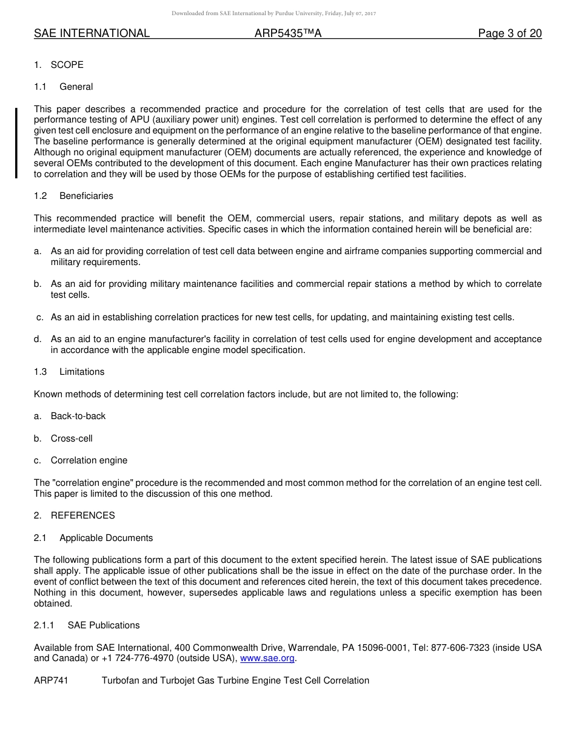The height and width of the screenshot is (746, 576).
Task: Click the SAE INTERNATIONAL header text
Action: (x=92, y=33)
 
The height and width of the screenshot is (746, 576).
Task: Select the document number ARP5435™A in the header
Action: (x=288, y=33)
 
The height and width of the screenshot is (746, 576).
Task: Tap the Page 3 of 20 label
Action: (x=510, y=33)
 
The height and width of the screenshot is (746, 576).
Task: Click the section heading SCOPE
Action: (x=67, y=65)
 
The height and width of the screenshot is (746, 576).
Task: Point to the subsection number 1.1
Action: (x=41, y=87)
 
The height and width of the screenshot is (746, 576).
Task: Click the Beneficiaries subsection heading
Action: (x=86, y=196)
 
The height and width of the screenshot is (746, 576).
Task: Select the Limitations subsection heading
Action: (x=82, y=372)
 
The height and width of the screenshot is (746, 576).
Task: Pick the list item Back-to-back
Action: (x=78, y=416)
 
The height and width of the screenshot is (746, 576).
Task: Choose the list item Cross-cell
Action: (x=72, y=439)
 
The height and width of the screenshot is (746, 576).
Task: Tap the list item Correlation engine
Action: (x=89, y=460)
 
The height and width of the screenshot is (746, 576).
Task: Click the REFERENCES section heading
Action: (x=82, y=516)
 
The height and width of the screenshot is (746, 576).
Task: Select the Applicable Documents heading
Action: (x=106, y=538)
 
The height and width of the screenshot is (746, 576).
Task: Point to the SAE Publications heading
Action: (x=104, y=625)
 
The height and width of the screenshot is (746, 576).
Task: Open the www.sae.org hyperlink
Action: (x=267, y=658)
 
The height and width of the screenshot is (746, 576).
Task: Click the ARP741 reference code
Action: (x=51, y=680)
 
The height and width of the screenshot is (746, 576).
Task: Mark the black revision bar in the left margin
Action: (x=16, y=143)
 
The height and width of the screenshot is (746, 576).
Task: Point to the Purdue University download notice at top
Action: (x=274, y=13)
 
